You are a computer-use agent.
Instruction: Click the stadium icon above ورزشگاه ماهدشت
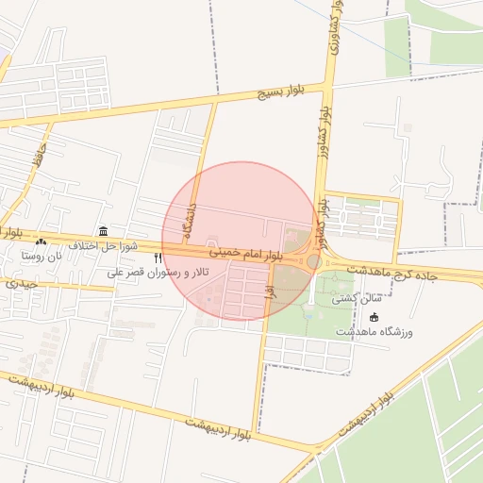click(x=374, y=317)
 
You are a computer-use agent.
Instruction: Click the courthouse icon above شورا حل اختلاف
click(x=103, y=231)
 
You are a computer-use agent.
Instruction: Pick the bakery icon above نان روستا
click(x=41, y=241)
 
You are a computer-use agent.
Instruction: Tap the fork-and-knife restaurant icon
click(x=158, y=257)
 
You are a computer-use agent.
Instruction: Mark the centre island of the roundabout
click(x=313, y=260)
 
